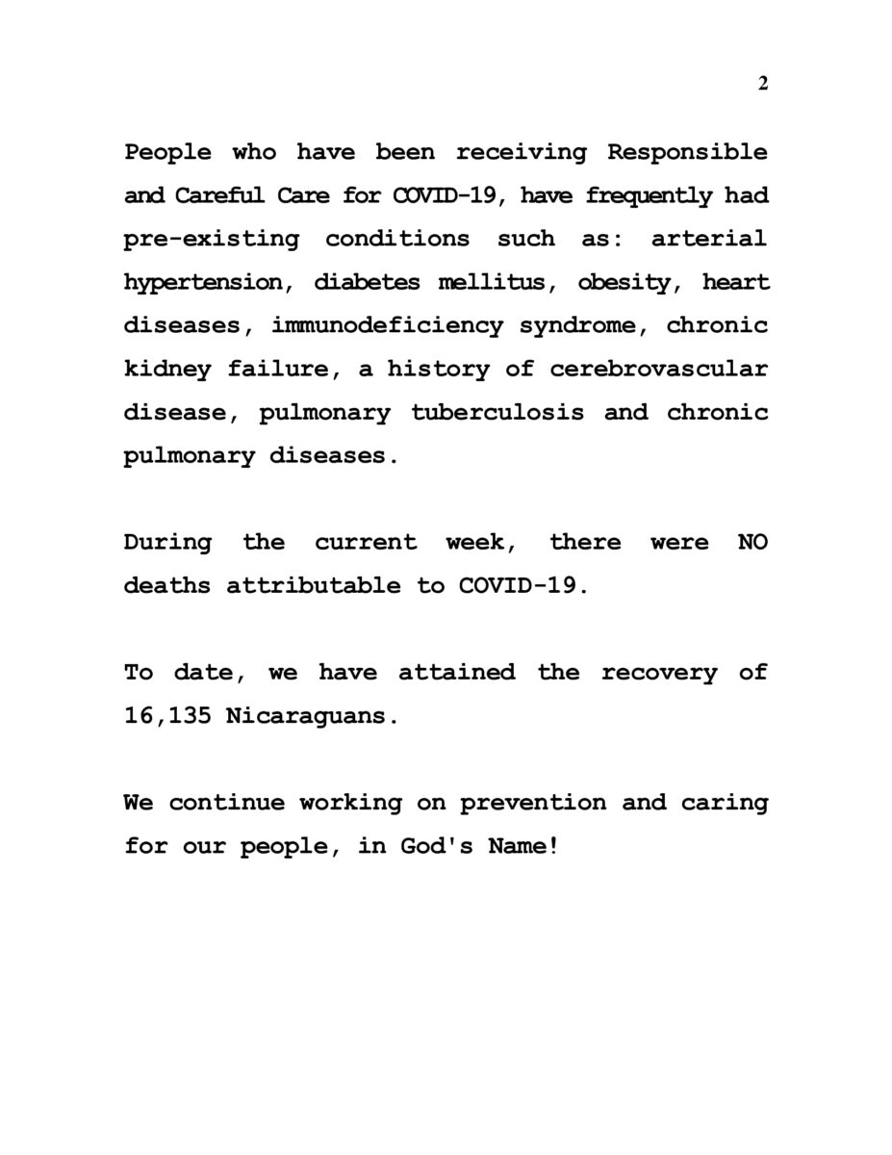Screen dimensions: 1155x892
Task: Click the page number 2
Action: tap(763, 84)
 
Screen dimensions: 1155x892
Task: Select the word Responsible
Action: tap(688, 152)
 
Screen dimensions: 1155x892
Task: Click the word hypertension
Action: tap(203, 282)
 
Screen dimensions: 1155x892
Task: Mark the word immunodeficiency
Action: tap(387, 325)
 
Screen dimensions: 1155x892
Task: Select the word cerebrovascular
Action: tap(659, 369)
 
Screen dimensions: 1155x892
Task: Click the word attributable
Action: tap(314, 585)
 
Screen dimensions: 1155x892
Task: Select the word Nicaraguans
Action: tap(311, 715)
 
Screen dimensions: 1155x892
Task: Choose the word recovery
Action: tap(659, 672)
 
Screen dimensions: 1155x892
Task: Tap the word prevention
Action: tap(533, 802)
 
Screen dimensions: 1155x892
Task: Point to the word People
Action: tap(167, 152)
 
